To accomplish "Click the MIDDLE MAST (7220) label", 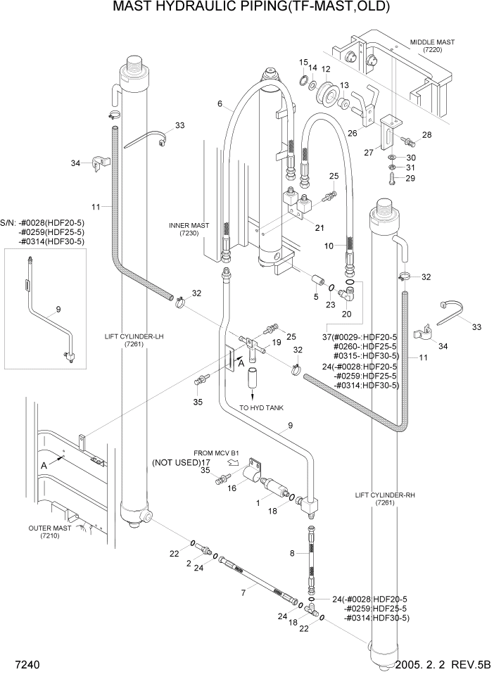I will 431,46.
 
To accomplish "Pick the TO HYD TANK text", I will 261,407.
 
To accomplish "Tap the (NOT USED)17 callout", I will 182,462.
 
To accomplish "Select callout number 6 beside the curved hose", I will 220,103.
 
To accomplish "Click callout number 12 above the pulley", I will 326,69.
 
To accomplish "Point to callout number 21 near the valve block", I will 319,227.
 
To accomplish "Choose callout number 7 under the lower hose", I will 243,593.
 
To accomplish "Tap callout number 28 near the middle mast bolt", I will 426,134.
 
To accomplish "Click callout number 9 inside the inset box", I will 58,308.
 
